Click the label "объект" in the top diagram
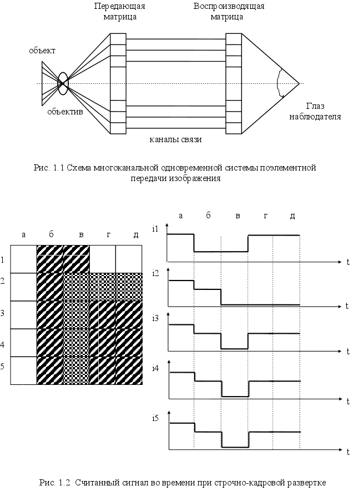42,51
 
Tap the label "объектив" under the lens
65,112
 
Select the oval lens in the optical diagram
63,83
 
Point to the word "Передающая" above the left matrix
119,7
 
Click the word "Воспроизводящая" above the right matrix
228,7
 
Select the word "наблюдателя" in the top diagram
315,117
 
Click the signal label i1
155,228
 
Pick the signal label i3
155,318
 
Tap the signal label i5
155,417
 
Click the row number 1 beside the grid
3,259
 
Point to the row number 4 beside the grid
3,344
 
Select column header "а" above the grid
23,235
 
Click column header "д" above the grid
135,235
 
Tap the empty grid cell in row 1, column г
103,259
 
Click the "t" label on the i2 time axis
346,305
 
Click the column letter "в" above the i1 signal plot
238,216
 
